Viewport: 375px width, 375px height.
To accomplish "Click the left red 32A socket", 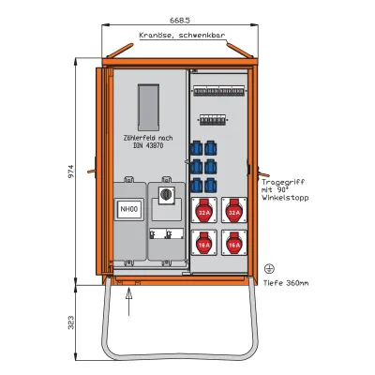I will tap(204, 213).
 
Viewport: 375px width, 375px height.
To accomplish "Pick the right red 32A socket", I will tap(234, 213).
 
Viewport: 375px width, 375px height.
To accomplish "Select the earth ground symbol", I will tap(270, 266).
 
